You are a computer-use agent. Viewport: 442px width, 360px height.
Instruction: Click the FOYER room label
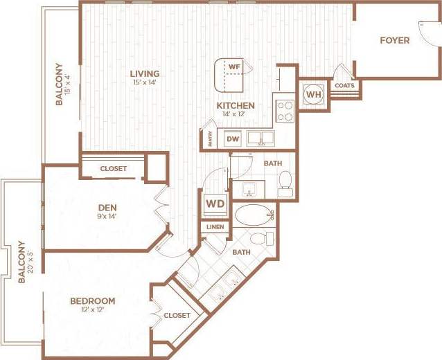click(x=394, y=40)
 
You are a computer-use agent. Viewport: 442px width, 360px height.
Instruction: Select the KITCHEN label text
click(x=236, y=106)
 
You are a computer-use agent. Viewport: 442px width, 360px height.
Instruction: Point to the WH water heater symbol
click(x=313, y=94)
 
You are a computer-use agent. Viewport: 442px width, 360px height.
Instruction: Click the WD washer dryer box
click(x=214, y=205)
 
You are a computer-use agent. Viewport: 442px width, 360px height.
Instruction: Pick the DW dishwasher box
click(x=233, y=139)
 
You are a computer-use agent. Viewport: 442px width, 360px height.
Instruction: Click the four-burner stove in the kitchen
click(x=285, y=111)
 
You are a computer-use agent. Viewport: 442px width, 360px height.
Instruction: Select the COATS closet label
click(x=344, y=86)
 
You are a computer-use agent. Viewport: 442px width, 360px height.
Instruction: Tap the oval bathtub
click(x=254, y=215)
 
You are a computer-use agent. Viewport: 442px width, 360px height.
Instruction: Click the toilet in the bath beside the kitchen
click(x=285, y=182)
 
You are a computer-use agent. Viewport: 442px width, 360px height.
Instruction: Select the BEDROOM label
click(x=92, y=301)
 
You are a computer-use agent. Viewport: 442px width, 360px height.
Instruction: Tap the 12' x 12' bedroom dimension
click(x=92, y=310)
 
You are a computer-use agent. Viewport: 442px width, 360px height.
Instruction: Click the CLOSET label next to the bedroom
click(x=177, y=315)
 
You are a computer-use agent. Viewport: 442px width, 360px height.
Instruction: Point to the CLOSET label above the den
click(x=113, y=168)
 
